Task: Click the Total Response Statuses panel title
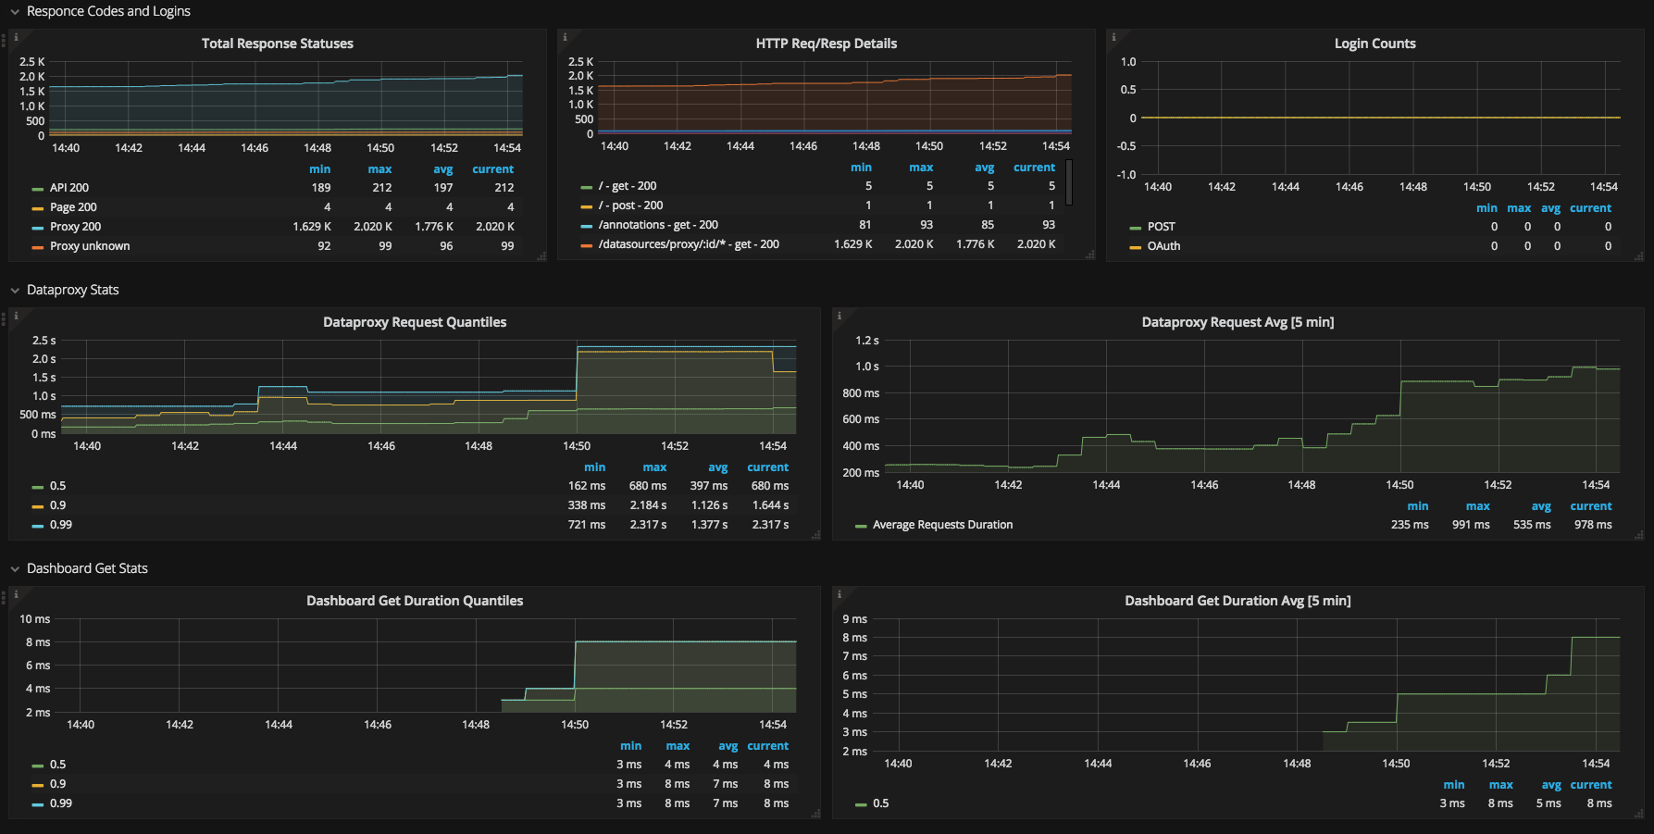[277, 44]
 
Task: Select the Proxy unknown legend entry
[90, 246]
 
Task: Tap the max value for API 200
[381, 188]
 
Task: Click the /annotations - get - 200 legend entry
[657, 225]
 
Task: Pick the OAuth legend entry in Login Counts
[1163, 246]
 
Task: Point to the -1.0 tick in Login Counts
[1126, 175]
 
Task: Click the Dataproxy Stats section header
[72, 290]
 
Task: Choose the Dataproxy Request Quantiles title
[415, 322]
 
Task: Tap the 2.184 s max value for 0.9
[648, 505]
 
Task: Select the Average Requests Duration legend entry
[942, 525]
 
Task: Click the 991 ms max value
[1471, 525]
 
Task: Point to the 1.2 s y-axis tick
[867, 341]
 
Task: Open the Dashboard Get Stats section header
[87, 568]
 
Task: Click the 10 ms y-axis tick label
[35, 619]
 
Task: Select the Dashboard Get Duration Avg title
[1237, 601]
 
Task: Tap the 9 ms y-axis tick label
[854, 619]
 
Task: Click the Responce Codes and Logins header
[108, 11]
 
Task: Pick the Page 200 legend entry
[73, 207]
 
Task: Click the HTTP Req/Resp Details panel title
[826, 44]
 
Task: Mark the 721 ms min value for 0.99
[587, 525]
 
